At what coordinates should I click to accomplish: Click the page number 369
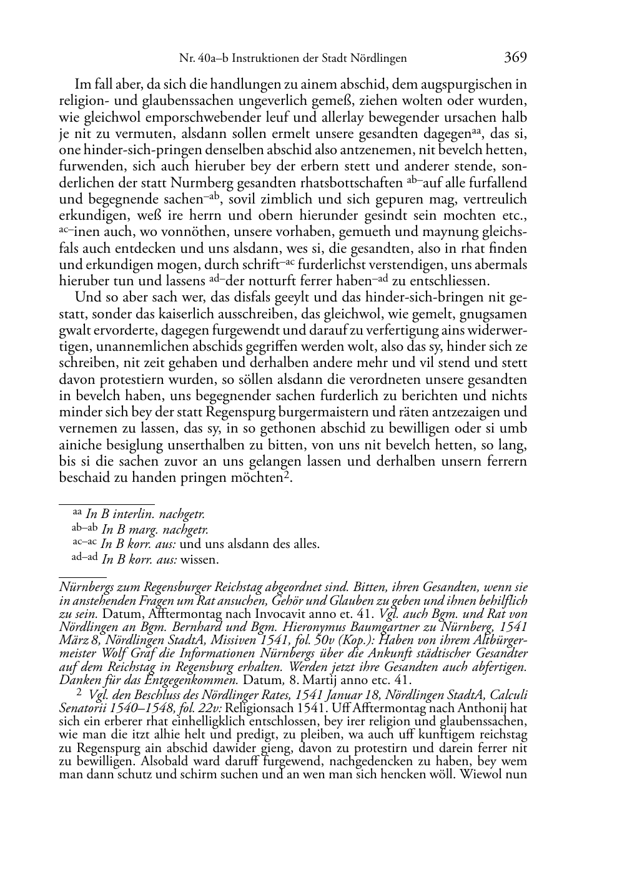click(x=515, y=57)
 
